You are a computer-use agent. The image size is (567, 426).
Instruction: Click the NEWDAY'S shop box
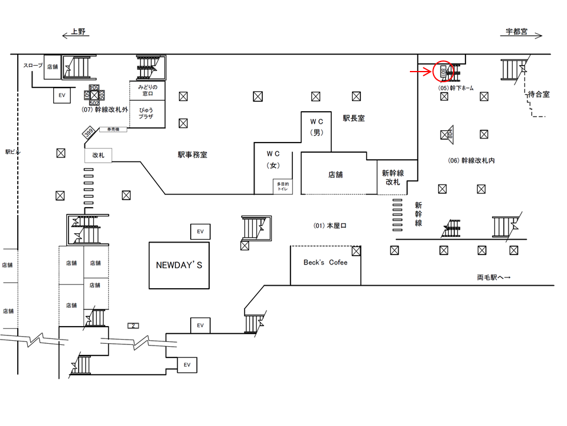point(178,265)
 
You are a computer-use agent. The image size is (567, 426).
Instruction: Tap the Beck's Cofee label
point(325,262)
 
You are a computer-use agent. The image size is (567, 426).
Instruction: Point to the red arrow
point(422,72)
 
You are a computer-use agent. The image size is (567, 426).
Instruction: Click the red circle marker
point(443,72)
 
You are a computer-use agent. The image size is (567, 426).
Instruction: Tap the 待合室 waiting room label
point(538,93)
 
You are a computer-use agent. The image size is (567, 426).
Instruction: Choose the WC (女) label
point(274,159)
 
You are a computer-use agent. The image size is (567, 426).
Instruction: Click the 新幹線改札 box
point(392,177)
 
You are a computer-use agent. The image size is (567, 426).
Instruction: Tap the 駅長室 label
point(354,118)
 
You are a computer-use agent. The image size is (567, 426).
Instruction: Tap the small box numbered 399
point(89,133)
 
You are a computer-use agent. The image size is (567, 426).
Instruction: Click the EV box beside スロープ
point(61,95)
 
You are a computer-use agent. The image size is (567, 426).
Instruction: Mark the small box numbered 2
point(133,325)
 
